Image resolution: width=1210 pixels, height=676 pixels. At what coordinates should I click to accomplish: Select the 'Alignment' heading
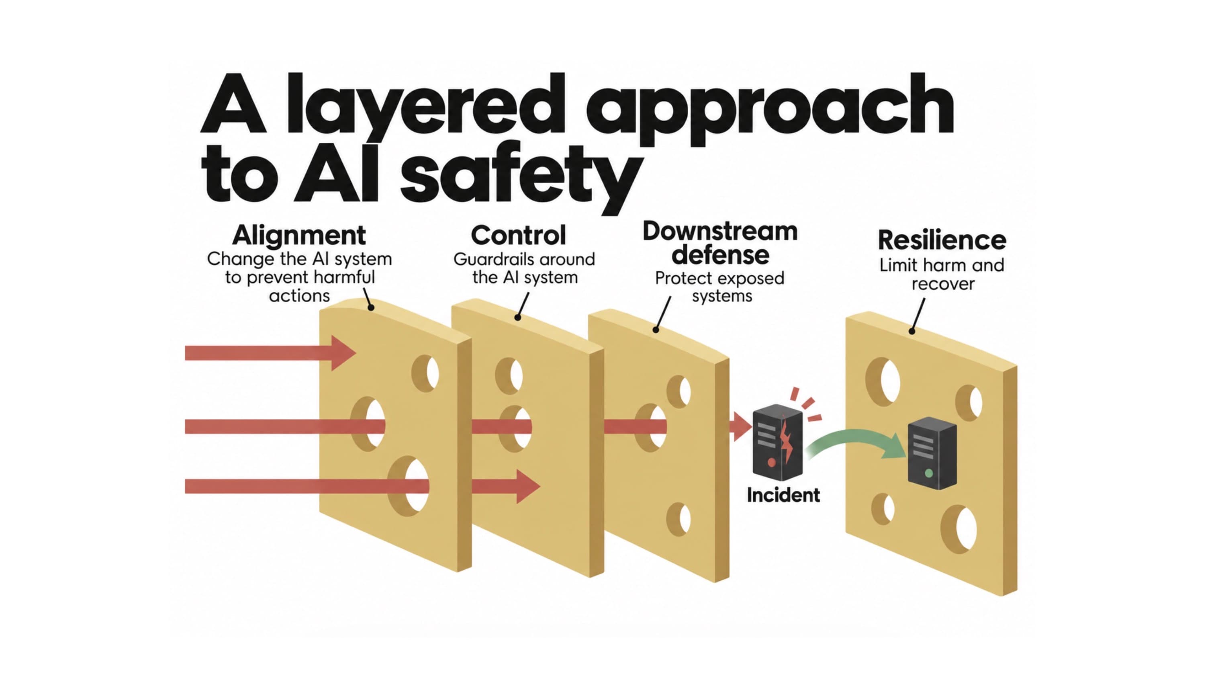(299, 236)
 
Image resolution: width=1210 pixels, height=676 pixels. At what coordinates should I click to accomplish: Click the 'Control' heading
(519, 236)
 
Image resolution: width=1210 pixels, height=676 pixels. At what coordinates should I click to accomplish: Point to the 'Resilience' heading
(942, 240)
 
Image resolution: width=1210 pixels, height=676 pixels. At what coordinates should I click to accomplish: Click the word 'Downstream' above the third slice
(720, 231)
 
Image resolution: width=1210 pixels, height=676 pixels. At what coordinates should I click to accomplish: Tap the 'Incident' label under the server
(783, 495)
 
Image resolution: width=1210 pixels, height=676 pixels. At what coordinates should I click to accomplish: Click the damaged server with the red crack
(778, 442)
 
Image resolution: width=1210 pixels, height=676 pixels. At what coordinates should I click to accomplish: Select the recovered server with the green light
(932, 453)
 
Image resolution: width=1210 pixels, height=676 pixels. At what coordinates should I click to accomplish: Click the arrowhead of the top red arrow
(343, 353)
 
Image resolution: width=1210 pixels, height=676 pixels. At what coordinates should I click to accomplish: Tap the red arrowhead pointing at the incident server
(742, 426)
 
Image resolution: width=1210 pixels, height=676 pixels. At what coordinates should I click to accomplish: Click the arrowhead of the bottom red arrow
(528, 486)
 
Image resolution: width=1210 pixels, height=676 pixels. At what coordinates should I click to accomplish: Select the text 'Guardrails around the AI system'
(524, 268)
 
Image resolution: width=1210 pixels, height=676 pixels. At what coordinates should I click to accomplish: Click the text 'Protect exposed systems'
(719, 287)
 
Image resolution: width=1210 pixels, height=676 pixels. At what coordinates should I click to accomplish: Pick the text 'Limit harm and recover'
(942, 274)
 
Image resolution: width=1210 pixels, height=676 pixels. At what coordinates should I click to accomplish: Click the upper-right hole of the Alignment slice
(425, 373)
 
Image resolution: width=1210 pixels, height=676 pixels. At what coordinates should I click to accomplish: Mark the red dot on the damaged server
(771, 463)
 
